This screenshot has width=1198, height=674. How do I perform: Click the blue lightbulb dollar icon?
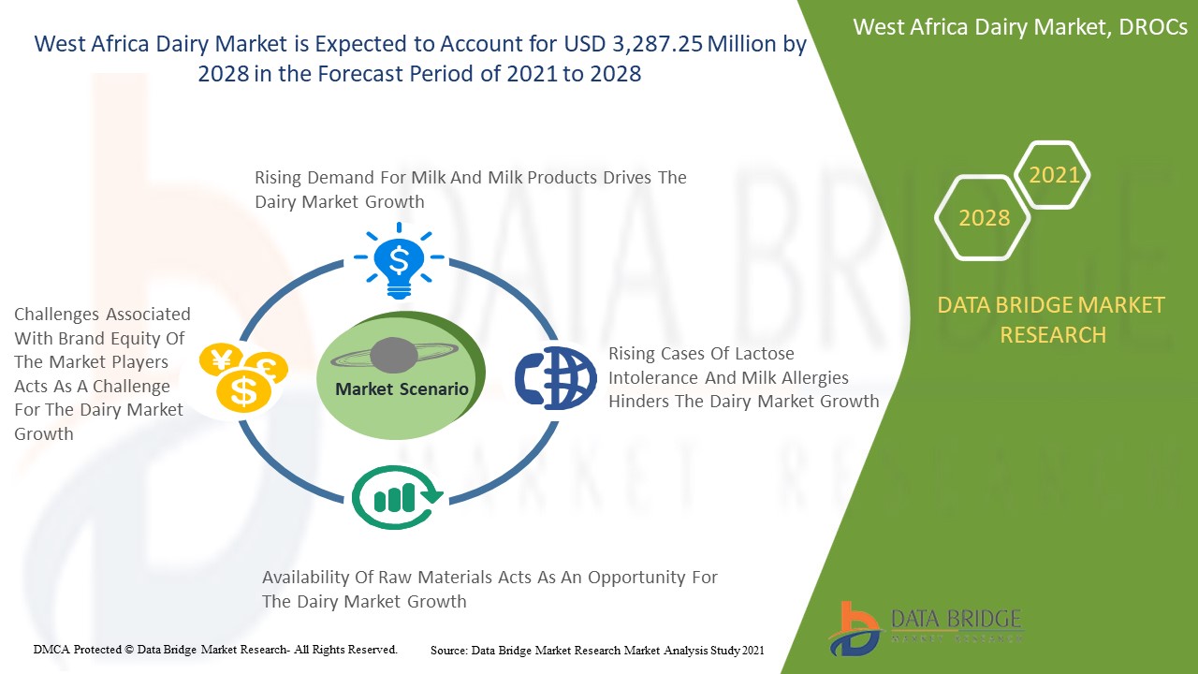point(399,260)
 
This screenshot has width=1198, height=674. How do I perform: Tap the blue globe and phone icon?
point(556,377)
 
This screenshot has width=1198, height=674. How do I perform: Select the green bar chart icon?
point(397,497)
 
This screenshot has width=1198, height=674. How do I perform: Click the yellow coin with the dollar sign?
point(244,390)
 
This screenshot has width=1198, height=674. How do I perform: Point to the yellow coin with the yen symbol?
point(220,359)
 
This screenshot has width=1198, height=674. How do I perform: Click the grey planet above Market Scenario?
point(394,355)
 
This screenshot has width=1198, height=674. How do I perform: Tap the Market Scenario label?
point(402,388)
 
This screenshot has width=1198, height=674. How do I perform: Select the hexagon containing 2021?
point(1052,174)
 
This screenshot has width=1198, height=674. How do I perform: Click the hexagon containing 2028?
point(983,218)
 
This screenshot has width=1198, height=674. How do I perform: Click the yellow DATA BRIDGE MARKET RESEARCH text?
point(1051,320)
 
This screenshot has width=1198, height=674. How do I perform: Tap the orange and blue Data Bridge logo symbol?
point(855,628)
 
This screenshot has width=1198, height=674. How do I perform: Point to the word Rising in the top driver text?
point(278,178)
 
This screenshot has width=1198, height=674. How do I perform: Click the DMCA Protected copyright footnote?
point(215,650)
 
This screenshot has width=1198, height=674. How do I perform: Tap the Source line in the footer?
point(597,651)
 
